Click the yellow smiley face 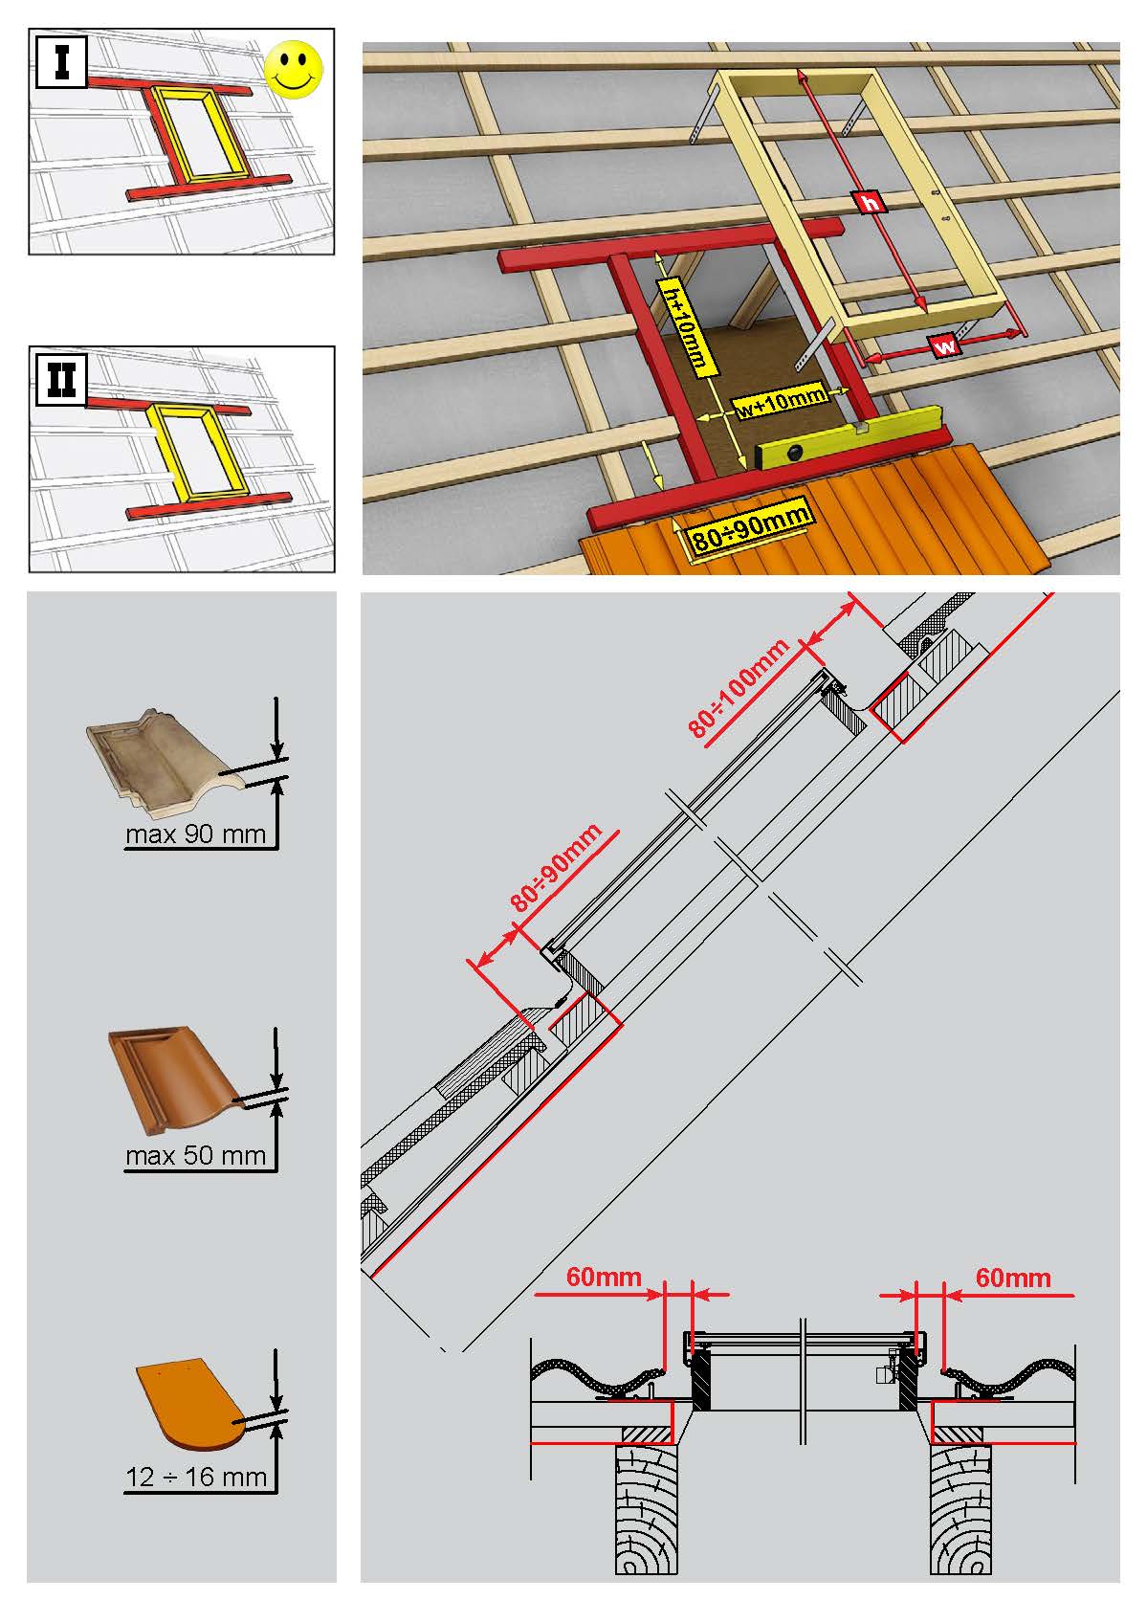point(295,68)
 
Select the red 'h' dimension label point(870,202)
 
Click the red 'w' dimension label point(945,346)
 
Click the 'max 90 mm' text point(195,834)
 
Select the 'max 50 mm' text point(195,1155)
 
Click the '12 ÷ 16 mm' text point(196,1477)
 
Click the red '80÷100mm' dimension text point(739,688)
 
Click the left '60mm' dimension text point(604,1277)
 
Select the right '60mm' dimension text point(1013,1277)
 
